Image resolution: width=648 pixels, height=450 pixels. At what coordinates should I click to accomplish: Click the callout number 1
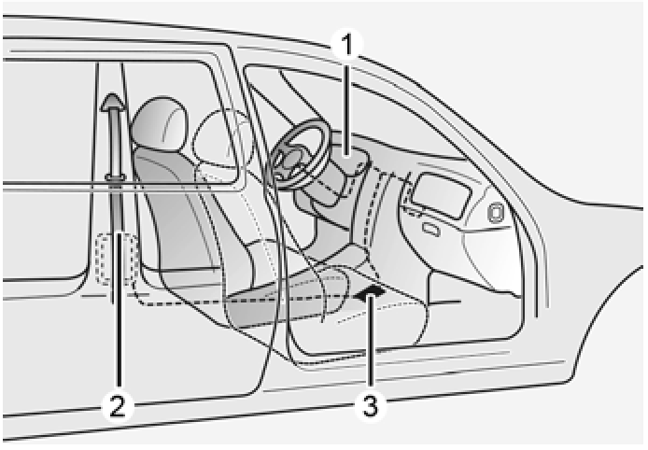click(x=348, y=45)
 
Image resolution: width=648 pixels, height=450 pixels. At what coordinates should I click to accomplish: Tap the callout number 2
click(x=118, y=406)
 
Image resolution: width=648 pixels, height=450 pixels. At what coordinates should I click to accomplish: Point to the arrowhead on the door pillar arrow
click(x=113, y=102)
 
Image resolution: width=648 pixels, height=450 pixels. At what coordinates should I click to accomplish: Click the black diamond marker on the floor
click(x=371, y=292)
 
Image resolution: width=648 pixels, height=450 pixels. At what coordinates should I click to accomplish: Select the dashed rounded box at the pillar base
click(x=117, y=260)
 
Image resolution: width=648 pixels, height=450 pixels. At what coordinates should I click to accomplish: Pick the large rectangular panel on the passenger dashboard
click(x=441, y=195)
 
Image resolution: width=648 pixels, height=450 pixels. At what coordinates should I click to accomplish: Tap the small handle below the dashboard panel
click(x=431, y=230)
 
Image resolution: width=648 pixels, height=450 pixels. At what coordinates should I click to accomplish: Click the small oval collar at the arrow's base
click(x=115, y=178)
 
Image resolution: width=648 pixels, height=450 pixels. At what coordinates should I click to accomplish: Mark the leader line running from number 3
click(x=371, y=344)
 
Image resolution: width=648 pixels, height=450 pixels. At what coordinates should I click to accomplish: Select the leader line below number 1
click(x=348, y=106)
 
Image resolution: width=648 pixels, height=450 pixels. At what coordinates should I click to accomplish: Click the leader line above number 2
click(x=119, y=310)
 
